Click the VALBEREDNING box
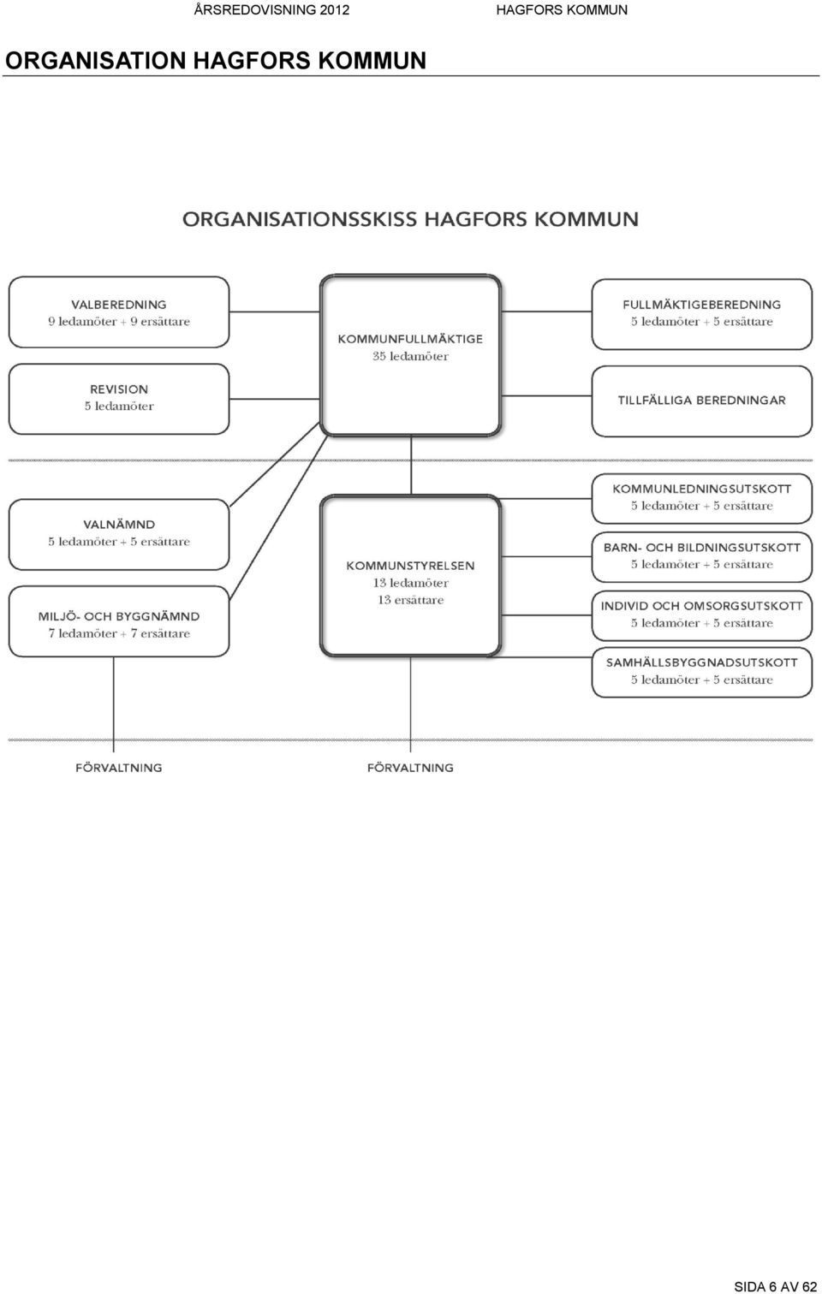point(119,312)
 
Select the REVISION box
point(119,399)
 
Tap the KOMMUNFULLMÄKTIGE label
point(410,339)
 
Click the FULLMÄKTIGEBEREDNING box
point(702,314)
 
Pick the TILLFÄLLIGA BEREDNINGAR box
point(702,401)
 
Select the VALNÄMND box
point(119,534)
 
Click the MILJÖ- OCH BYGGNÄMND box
point(119,621)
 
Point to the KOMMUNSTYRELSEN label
point(410,566)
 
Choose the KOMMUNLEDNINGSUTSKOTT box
point(702,499)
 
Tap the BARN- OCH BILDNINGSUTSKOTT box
point(702,557)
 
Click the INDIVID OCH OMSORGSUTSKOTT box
point(702,616)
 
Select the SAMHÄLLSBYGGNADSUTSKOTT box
point(702,673)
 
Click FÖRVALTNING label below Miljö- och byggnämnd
point(118,768)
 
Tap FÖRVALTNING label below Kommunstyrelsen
point(410,768)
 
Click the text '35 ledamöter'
point(410,356)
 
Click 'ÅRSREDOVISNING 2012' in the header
point(271,9)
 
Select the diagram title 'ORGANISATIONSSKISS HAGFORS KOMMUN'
point(410,219)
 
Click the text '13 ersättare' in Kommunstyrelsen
point(410,600)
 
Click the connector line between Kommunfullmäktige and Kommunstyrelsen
point(411,465)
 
